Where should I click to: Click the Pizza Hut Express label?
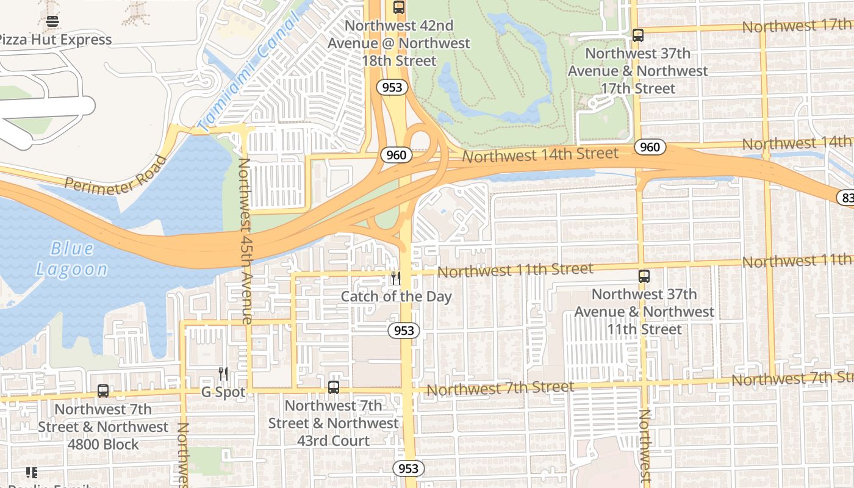click(x=55, y=40)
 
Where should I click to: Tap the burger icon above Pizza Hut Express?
click(x=52, y=21)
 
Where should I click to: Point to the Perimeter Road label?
click(x=116, y=176)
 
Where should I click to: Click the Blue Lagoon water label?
click(x=71, y=259)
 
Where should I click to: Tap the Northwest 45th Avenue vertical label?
click(x=245, y=241)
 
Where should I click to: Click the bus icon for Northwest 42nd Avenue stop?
click(x=398, y=8)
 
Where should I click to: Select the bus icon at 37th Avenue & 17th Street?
click(x=637, y=35)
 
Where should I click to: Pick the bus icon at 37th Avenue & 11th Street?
click(x=644, y=276)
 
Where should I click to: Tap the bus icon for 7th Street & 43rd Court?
click(x=333, y=387)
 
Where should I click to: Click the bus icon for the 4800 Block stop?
click(x=103, y=391)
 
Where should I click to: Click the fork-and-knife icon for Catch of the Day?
click(x=396, y=279)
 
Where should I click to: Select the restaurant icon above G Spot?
click(x=223, y=374)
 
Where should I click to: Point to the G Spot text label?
click(x=223, y=392)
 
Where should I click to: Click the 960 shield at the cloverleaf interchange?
click(x=396, y=155)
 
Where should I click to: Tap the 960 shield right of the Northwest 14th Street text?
click(x=650, y=147)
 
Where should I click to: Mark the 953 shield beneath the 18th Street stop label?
click(x=392, y=87)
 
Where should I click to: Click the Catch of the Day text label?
click(x=396, y=297)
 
